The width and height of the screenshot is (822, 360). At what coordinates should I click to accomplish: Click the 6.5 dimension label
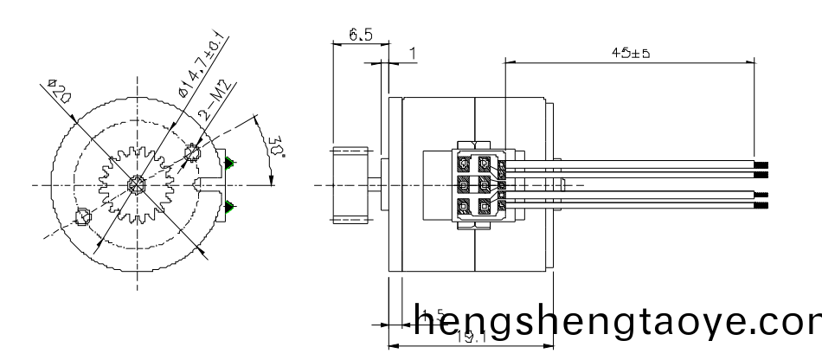pos(360,35)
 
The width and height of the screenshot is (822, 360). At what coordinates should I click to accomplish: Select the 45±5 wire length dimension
pos(630,53)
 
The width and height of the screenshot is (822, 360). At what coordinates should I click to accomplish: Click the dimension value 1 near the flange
pos(413,54)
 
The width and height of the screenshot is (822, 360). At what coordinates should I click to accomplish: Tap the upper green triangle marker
pos(230,163)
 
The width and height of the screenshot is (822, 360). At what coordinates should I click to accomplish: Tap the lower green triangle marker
pos(230,205)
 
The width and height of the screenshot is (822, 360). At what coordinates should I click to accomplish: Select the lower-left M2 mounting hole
pos(83,216)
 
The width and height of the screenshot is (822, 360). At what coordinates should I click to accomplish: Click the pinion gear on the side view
pos(354,185)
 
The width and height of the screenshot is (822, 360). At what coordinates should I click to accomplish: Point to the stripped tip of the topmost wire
pos(762,164)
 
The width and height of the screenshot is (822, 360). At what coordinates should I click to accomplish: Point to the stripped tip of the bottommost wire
pos(762,207)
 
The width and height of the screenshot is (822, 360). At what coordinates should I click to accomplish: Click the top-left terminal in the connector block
pos(465,163)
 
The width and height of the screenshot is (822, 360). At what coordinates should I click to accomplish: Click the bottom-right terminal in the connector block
pos(484,207)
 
